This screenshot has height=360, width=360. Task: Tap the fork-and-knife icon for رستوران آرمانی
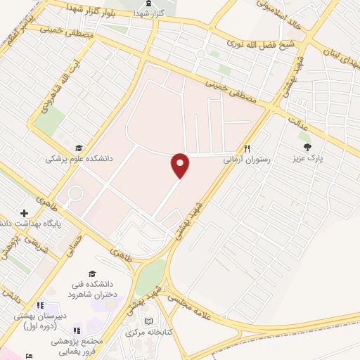(247, 148)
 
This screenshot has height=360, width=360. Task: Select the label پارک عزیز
(308, 158)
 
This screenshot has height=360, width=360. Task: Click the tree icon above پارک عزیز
(308, 146)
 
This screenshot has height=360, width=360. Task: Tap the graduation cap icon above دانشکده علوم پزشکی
(79, 148)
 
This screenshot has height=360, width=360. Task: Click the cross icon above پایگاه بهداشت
(25, 213)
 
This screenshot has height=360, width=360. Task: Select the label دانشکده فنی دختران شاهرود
(92, 287)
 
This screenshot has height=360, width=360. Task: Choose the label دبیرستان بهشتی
(41, 321)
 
